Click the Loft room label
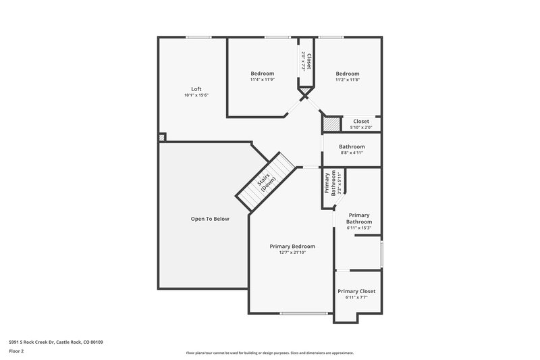coord(196,89)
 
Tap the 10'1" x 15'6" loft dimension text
coord(196,96)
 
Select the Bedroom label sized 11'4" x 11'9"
coord(263,74)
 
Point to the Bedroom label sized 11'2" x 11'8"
coord(348,74)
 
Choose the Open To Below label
coord(210,219)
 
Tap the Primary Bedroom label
coord(292,247)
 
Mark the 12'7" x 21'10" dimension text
coord(292,253)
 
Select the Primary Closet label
coord(356,291)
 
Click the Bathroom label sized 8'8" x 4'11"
coord(352,147)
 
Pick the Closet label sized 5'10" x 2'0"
coord(361,122)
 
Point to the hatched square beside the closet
coord(331,124)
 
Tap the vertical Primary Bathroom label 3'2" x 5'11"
coord(329,183)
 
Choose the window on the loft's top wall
coord(196,37)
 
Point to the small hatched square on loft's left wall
coord(161,137)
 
